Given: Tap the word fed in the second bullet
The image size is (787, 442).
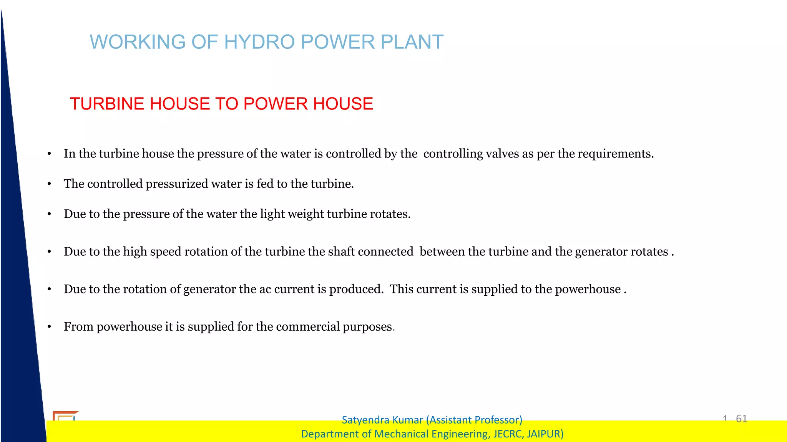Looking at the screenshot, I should coord(265,184).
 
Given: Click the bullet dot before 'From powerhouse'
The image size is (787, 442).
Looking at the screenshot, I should coord(49,327).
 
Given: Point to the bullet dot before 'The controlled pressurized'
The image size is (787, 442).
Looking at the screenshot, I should coord(49,184).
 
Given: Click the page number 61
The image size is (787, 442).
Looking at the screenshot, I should coord(741,418).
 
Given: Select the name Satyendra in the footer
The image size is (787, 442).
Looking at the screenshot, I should coord(363,420).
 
